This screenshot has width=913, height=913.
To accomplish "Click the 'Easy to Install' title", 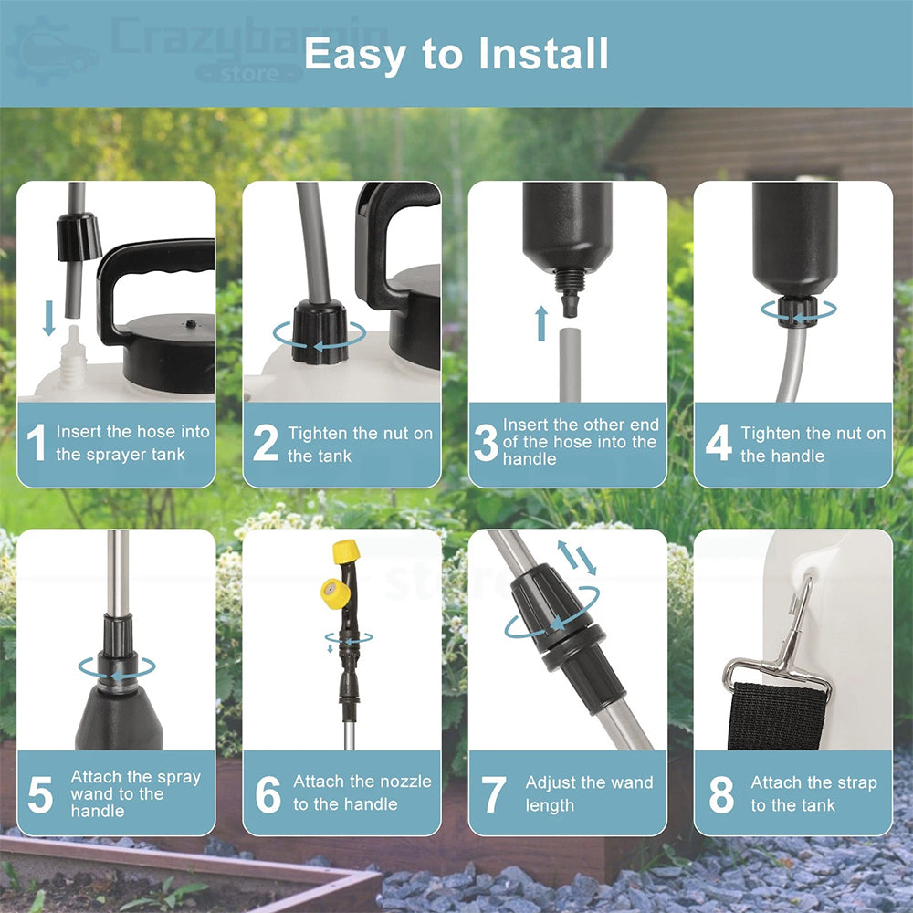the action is pos(456,54).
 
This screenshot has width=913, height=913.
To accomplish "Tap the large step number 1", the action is pos(37,443).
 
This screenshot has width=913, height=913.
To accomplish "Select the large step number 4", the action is pos(719,443).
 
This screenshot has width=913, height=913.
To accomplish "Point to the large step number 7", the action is pos(493,794).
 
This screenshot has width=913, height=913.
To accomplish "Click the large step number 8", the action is pos(721,794).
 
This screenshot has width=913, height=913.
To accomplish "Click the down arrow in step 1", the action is pos(49,318).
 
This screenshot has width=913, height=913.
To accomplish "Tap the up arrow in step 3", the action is pos(541,323).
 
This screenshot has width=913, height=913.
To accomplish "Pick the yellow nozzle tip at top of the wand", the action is pos(345,551).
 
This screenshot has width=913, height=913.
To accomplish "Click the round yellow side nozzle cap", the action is pos(335,593).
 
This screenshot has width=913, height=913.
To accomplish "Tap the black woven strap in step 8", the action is pos(777,716).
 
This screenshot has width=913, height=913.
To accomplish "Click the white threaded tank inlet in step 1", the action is pos(72,356).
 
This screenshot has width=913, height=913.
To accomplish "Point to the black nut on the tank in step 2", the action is pos(319,332).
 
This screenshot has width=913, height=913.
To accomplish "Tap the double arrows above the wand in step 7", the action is pos(577,558).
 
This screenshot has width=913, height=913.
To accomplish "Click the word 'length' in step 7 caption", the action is pos(550,806).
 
